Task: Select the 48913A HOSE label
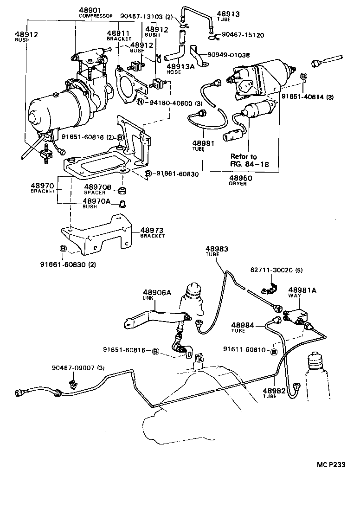171,68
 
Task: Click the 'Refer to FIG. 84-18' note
250,161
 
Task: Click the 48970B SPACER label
97,189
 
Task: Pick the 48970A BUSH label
96,204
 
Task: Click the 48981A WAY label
302,292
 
